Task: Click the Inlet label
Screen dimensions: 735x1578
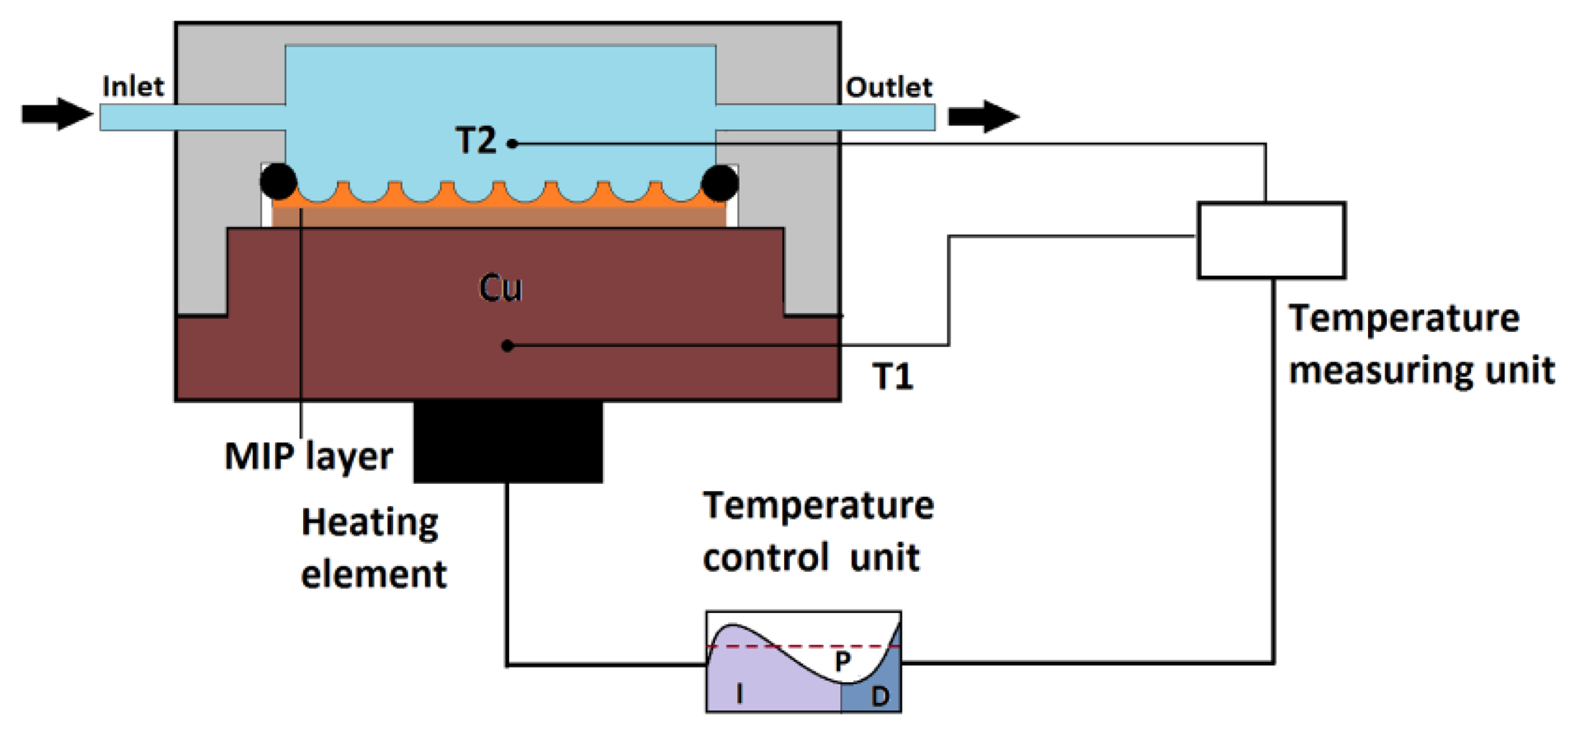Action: pos(133,86)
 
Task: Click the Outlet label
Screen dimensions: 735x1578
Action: pos(889,87)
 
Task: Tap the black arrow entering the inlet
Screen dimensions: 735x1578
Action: pos(56,114)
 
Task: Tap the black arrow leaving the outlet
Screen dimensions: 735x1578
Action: pos(983,116)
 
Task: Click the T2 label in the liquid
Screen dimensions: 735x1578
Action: pos(476,141)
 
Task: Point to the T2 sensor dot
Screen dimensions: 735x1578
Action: pos(512,143)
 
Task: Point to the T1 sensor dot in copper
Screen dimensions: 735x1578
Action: pos(507,345)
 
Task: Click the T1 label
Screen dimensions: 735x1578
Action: pos(893,377)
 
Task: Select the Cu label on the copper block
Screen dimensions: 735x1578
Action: pos(500,288)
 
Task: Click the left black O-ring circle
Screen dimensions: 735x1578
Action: pos(278,181)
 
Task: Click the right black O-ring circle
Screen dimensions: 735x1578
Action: pos(720,183)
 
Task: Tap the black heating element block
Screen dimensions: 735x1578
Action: pos(507,442)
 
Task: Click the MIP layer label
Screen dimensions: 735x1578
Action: pos(309,456)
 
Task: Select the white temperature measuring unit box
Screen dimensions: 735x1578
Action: pos(1271,240)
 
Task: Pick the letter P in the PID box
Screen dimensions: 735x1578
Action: pos(842,661)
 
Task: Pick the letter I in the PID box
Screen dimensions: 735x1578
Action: pos(739,694)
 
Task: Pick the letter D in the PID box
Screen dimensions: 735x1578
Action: pos(880,696)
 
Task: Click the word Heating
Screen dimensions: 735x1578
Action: pos(370,523)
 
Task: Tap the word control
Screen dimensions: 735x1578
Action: pos(765,558)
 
